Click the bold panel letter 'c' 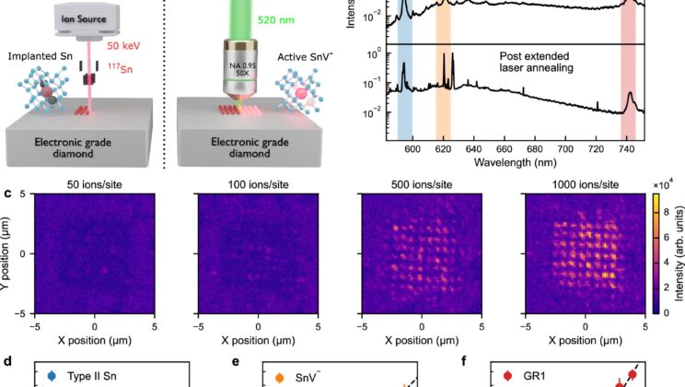(x=7, y=194)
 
